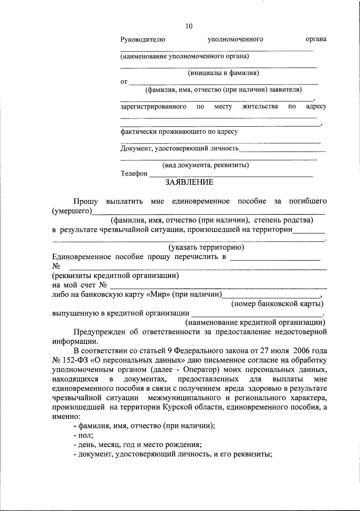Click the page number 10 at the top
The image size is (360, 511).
[189, 26]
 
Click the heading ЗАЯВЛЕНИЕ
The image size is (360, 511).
[189, 182]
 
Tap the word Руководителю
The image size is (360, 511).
[143, 39]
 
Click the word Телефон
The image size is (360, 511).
[134, 174]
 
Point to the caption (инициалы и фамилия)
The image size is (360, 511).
[223, 73]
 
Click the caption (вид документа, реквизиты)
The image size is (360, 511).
[205, 165]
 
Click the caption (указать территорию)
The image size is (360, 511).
[206, 247]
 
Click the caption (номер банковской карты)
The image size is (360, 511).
[277, 304]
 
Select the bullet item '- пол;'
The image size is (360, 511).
[84, 435]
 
